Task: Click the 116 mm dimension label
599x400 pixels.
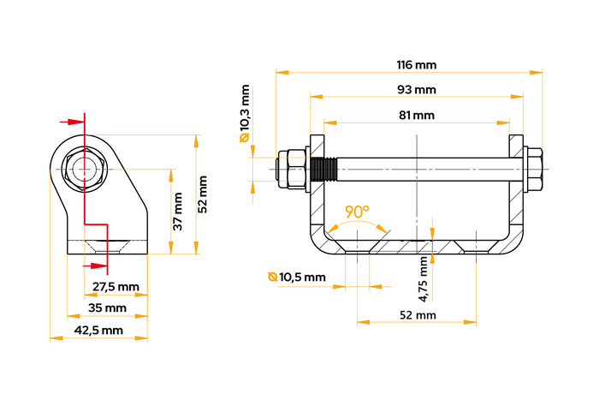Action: pos(417,64)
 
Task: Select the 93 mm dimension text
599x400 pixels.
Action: pos(417,89)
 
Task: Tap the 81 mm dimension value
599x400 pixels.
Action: pos(417,115)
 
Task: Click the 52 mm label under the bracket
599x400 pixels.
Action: pos(418,316)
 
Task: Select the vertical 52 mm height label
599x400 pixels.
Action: pos(203,195)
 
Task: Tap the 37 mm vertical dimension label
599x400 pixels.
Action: pos(178,211)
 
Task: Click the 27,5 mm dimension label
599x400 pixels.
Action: pos(116,286)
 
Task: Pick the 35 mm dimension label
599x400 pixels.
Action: pos(108,307)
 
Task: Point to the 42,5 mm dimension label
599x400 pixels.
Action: pos(99,330)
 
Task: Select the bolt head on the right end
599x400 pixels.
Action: pos(531,169)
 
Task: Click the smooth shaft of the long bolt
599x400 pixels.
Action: pos(419,168)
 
